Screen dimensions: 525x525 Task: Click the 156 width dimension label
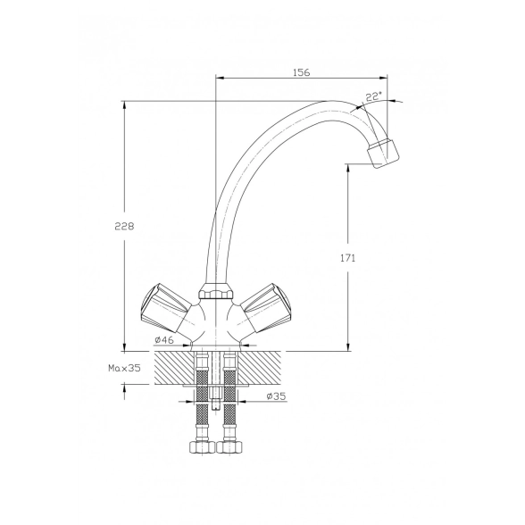pyautogui.click(x=302, y=72)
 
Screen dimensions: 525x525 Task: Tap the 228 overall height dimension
pyautogui.click(x=124, y=227)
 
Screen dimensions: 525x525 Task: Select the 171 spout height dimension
pyautogui.click(x=348, y=258)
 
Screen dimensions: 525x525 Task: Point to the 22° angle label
pyautogui.click(x=373, y=97)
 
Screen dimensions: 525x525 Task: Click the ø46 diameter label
pyautogui.click(x=164, y=340)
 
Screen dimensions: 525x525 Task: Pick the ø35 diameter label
pyautogui.click(x=276, y=396)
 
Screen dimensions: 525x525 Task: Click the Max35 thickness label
pyautogui.click(x=124, y=368)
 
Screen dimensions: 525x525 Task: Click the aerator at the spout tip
pyautogui.click(x=383, y=152)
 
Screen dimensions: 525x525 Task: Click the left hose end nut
pyautogui.click(x=201, y=447)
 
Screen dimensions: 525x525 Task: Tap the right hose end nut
pyautogui.click(x=229, y=447)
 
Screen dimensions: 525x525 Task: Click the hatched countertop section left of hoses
pyautogui.click(x=174, y=368)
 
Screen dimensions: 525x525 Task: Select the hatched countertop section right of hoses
pyautogui.click(x=259, y=368)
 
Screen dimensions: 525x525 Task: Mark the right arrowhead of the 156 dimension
pyautogui.click(x=383, y=78)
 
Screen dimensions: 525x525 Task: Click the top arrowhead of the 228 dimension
pyautogui.click(x=125, y=104)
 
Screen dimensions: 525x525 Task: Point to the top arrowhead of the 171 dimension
pyautogui.click(x=348, y=168)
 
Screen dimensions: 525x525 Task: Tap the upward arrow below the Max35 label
pyautogui.click(x=125, y=392)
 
